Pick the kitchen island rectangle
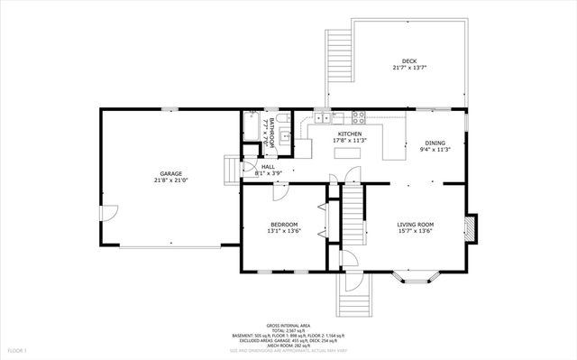pos(346,152)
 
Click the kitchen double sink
pos(322,117)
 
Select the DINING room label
pos(435,142)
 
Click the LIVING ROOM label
pos(417,224)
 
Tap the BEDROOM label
pos(284,224)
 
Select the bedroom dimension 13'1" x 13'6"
pos(284,232)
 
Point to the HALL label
pos(268,167)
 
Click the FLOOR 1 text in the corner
pos(17,349)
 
